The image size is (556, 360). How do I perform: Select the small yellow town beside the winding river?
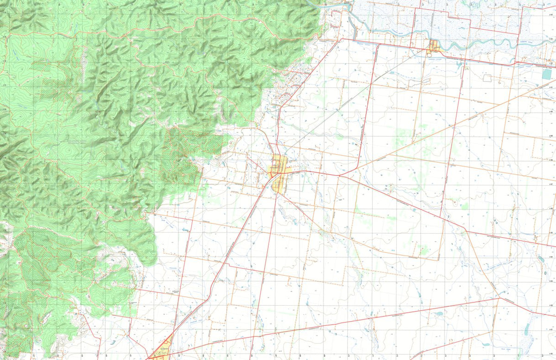pyautogui.click(x=434, y=46)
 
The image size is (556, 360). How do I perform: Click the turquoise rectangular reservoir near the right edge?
pyautogui.click(x=547, y=74)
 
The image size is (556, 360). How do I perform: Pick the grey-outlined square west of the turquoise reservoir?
pyautogui.click(x=487, y=78)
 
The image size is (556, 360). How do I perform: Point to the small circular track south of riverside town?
pyautogui.click(x=435, y=59)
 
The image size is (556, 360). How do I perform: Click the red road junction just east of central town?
pyautogui.click(x=339, y=176)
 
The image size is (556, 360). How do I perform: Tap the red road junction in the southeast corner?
pyautogui.click(x=499, y=298)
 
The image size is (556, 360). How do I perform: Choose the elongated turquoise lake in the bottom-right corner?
pyautogui.click(x=526, y=328)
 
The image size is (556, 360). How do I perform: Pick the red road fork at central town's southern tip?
pyautogui.click(x=277, y=194)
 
